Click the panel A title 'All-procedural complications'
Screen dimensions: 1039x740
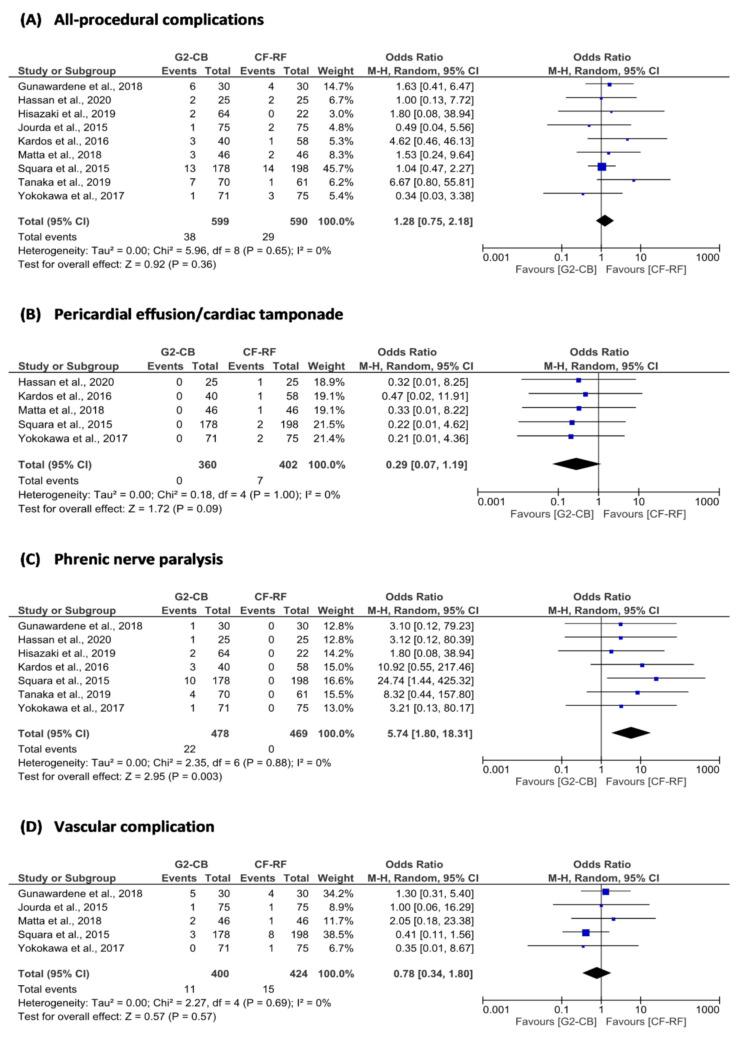click(x=159, y=20)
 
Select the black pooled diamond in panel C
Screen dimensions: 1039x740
click(x=631, y=733)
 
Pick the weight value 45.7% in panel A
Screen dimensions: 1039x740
click(x=338, y=169)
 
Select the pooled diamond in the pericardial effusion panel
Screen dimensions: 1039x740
click(x=576, y=464)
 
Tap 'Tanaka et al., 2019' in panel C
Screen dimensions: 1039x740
click(x=64, y=694)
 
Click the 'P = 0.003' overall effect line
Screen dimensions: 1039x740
click(x=120, y=776)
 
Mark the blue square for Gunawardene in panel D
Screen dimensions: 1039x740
click(x=606, y=892)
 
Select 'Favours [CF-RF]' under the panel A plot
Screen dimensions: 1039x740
click(x=646, y=270)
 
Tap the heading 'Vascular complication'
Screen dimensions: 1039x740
click(x=134, y=827)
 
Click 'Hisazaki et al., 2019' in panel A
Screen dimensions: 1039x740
click(x=67, y=114)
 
